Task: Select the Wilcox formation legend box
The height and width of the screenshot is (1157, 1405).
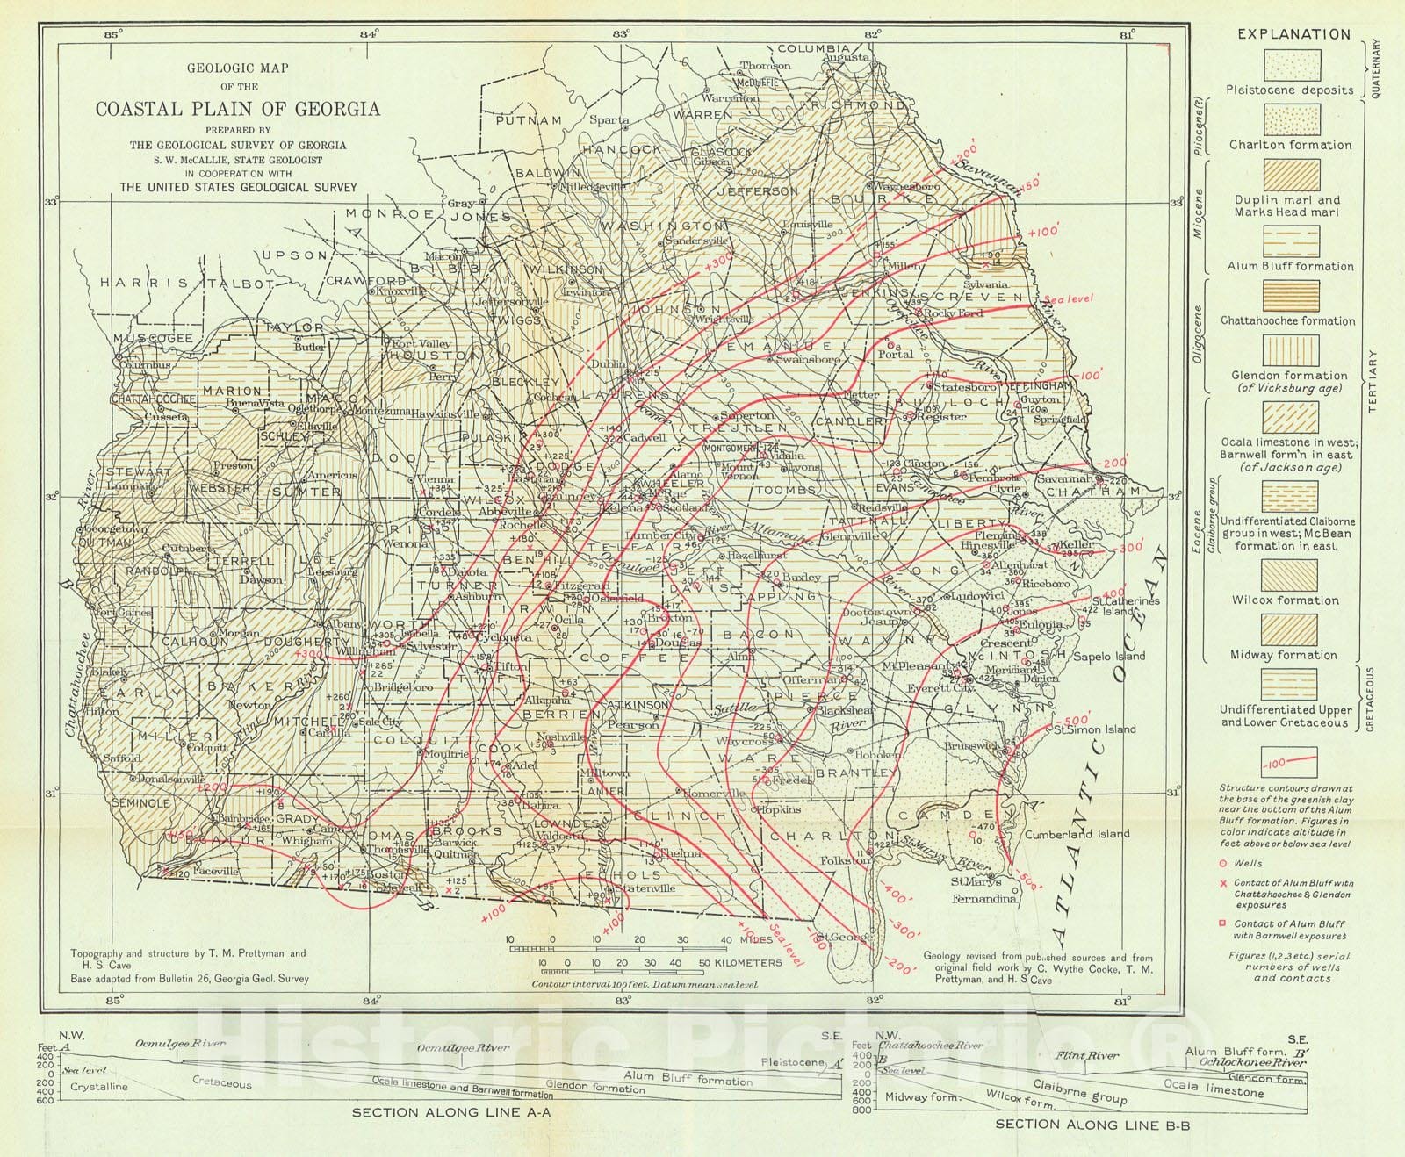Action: [x=1290, y=575]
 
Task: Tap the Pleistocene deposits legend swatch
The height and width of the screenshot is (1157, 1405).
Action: [x=1290, y=65]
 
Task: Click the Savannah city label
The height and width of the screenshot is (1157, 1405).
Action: [x=1063, y=479]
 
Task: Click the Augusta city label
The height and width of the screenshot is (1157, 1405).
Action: [x=846, y=58]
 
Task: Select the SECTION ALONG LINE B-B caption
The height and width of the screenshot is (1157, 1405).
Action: [x=1092, y=1124]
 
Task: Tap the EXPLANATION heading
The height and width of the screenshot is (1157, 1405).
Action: [x=1293, y=34]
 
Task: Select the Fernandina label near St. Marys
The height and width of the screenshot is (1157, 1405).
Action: [x=985, y=898]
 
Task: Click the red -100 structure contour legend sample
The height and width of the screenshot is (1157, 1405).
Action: [x=1289, y=761]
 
